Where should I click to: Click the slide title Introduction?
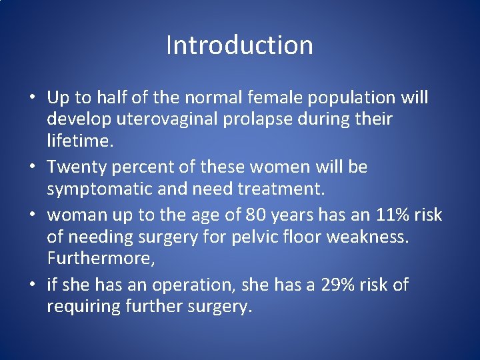pyautogui.click(x=239, y=45)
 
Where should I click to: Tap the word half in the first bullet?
pyautogui.click(x=110, y=97)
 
